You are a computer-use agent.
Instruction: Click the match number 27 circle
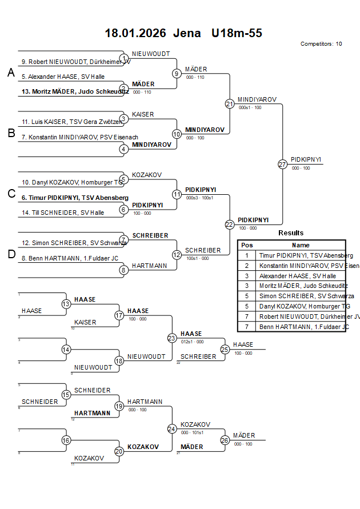(x=282, y=165)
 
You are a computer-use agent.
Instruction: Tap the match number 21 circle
(x=229, y=104)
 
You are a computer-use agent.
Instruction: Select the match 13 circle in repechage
(x=66, y=304)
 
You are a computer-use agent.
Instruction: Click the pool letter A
(x=11, y=73)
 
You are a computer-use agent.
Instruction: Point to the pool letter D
(x=11, y=254)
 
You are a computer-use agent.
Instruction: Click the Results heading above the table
(x=291, y=233)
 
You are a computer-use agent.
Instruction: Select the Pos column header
(x=247, y=245)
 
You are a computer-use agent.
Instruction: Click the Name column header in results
(x=301, y=245)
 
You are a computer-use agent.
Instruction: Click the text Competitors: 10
(x=321, y=43)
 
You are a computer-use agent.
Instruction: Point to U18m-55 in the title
(x=237, y=33)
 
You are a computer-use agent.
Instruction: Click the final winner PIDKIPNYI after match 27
(x=306, y=160)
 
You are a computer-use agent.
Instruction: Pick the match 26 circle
(x=225, y=440)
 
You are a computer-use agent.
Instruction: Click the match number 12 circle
(x=177, y=254)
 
